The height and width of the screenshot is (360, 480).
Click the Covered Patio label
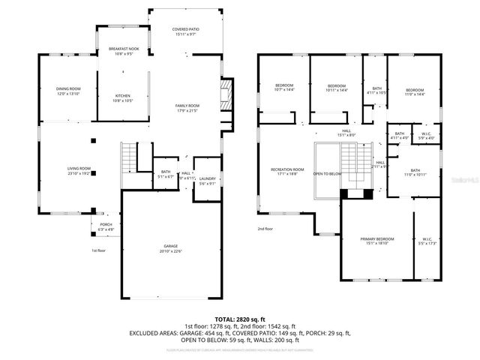coord(184,31)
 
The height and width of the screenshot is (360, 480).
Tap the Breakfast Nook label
coord(124,50)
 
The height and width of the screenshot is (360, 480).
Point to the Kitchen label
coord(124,97)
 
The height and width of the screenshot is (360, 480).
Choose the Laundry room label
coord(208,179)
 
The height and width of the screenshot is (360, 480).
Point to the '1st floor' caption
coord(99,250)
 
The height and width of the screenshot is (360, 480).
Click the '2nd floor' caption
coord(265,229)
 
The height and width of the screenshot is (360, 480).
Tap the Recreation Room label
coord(287,170)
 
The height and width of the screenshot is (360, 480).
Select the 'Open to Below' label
coord(327,173)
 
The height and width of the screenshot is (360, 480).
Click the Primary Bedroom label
coord(379,239)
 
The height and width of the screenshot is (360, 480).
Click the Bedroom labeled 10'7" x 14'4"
coord(284,87)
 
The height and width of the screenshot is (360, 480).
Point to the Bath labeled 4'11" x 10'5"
coord(376,90)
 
